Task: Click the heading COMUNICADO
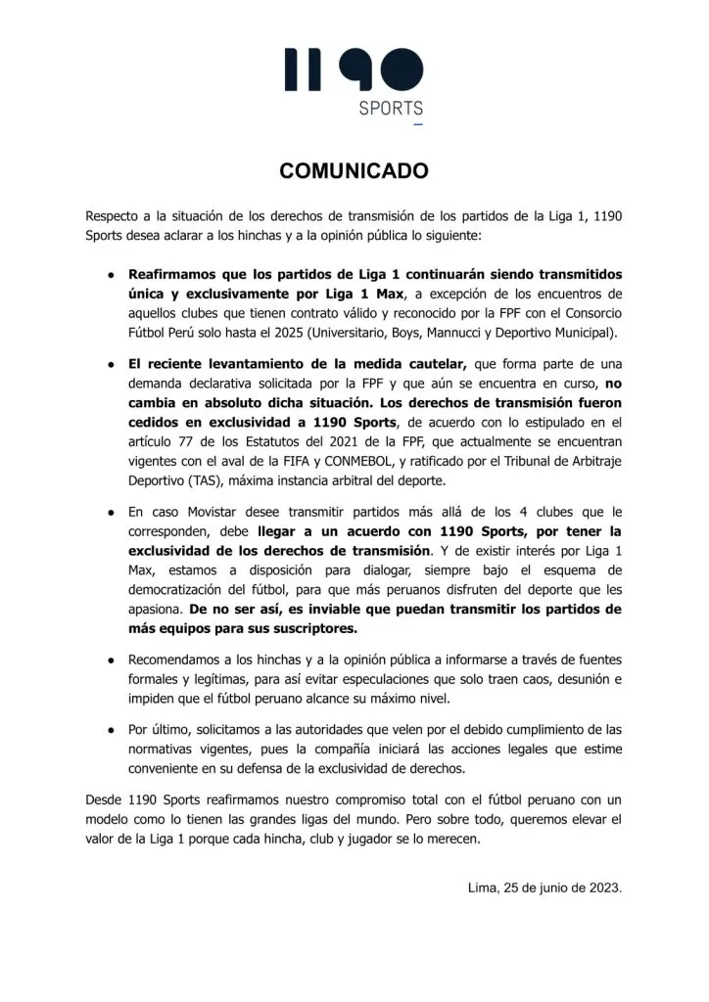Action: (354, 171)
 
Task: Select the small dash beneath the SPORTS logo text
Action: (419, 126)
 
